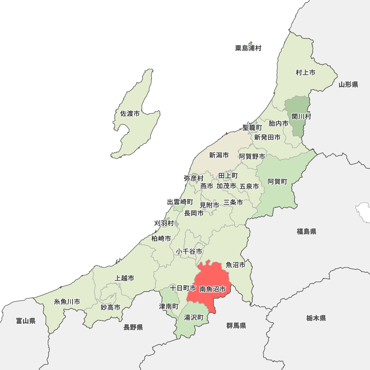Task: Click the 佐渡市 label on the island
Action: point(130,114)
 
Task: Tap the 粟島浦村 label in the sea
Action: point(248,48)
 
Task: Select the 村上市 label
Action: point(305,73)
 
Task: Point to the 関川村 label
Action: point(301,117)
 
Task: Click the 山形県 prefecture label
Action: point(348,85)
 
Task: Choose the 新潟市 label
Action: point(219,155)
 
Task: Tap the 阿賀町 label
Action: point(277,181)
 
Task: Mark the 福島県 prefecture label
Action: point(306,232)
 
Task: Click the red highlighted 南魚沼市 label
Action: point(212,289)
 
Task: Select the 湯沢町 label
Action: point(194,317)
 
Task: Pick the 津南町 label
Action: point(169,307)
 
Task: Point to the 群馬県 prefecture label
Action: point(236,326)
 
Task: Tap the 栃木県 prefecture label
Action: point(316,318)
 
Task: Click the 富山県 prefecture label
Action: point(26,321)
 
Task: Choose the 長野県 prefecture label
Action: point(133,327)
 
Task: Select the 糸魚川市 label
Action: point(67,302)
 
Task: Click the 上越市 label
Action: point(125,278)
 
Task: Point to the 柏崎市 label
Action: point(161,239)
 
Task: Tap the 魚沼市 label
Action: point(236,265)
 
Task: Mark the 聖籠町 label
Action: point(252,127)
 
